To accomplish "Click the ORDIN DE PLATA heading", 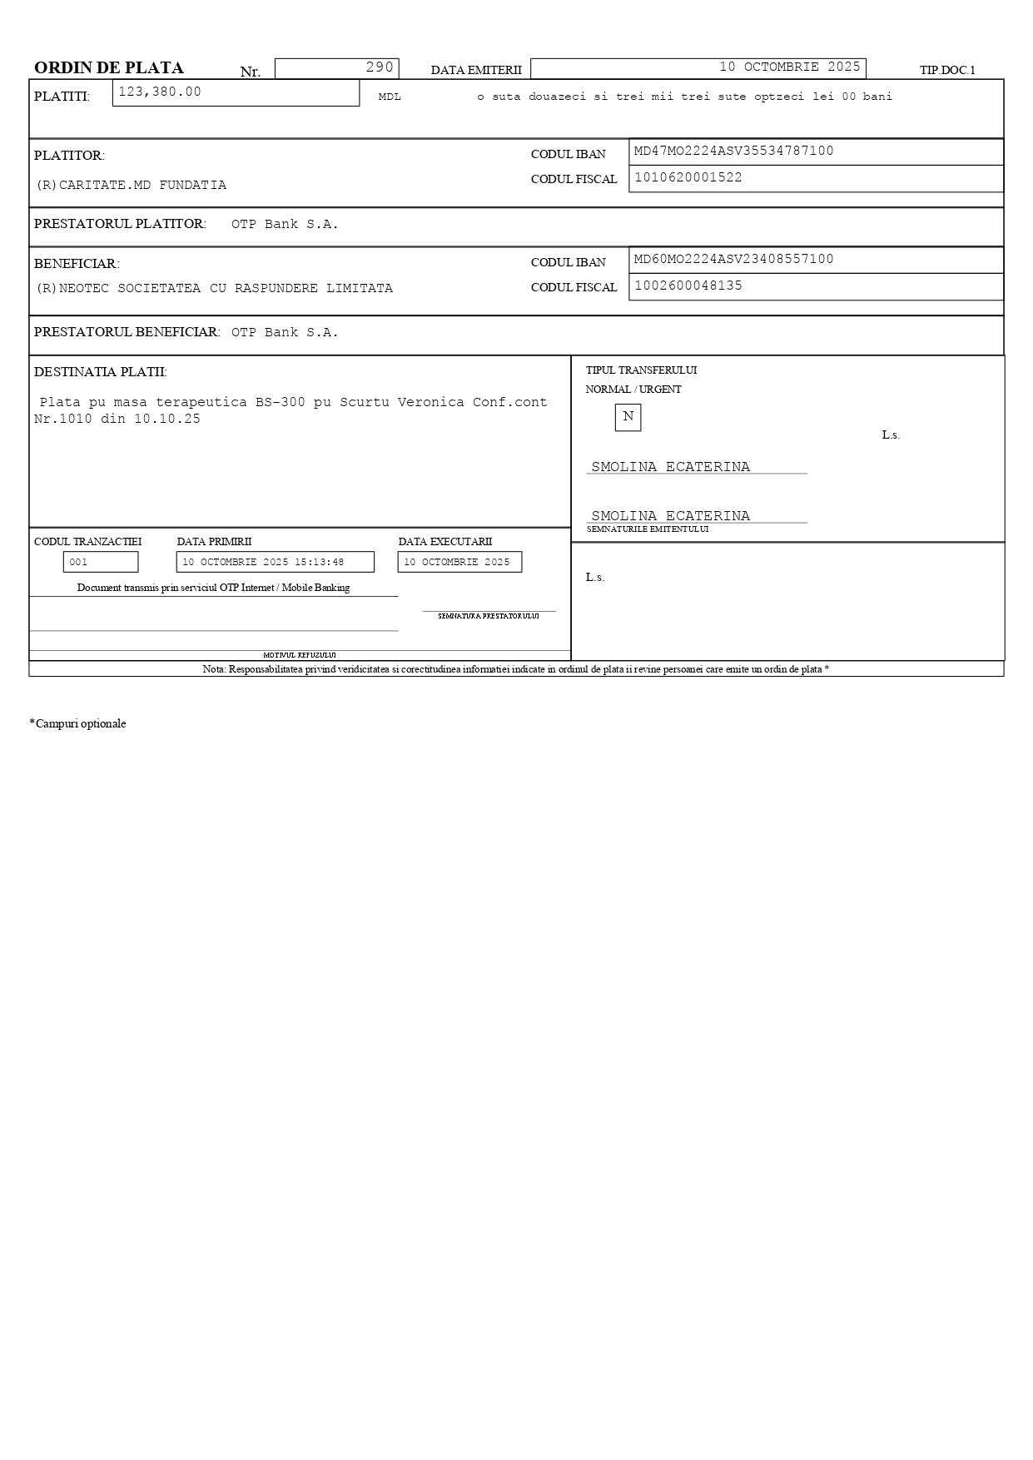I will coord(109,68).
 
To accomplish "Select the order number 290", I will coord(380,67).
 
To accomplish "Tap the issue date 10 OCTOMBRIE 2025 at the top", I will coord(789,67).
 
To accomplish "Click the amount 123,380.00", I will coord(160,92).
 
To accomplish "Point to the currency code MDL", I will coord(390,97).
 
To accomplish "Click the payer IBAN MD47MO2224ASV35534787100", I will coord(733,151).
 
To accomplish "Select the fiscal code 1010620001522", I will coord(688,177).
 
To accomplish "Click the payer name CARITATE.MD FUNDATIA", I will coord(132,185).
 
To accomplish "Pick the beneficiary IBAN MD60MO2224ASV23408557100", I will coord(733,259).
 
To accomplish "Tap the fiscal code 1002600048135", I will coord(688,286).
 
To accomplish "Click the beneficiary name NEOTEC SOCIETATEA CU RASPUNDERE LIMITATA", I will coord(215,288).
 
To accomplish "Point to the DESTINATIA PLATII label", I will coord(100,371).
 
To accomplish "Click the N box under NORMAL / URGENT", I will coord(628,417).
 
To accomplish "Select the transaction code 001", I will coord(79,562).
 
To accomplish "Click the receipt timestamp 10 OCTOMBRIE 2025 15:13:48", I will coord(263,562).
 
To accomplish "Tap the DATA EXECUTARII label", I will coord(444,542).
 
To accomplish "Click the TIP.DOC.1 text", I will coord(947,71).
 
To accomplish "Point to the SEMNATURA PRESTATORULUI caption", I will coord(489,616).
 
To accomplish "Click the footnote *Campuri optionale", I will coord(77,723).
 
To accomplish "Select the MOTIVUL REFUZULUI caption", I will coord(300,655).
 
